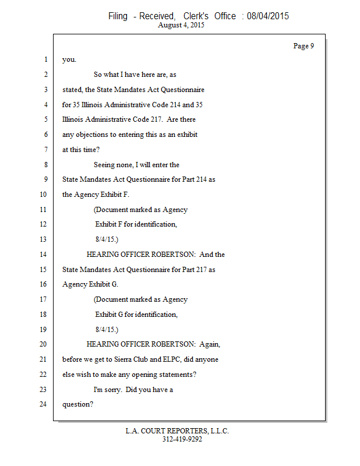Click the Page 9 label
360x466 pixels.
[x=303, y=46]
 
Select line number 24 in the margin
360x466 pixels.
[x=43, y=404]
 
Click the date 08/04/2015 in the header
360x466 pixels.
[x=267, y=16]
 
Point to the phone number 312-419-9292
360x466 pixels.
[x=182, y=439]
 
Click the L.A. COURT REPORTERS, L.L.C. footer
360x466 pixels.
[x=177, y=431]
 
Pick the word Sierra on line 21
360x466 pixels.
[x=128, y=359]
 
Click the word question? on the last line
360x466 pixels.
[x=77, y=404]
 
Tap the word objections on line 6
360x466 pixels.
[x=94, y=135]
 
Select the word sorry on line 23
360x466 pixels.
[x=114, y=389]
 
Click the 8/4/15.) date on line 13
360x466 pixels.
[x=107, y=239]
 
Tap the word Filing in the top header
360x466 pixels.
[x=117, y=16]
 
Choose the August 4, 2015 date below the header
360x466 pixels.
[x=181, y=26]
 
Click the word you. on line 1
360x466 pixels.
[x=69, y=60]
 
